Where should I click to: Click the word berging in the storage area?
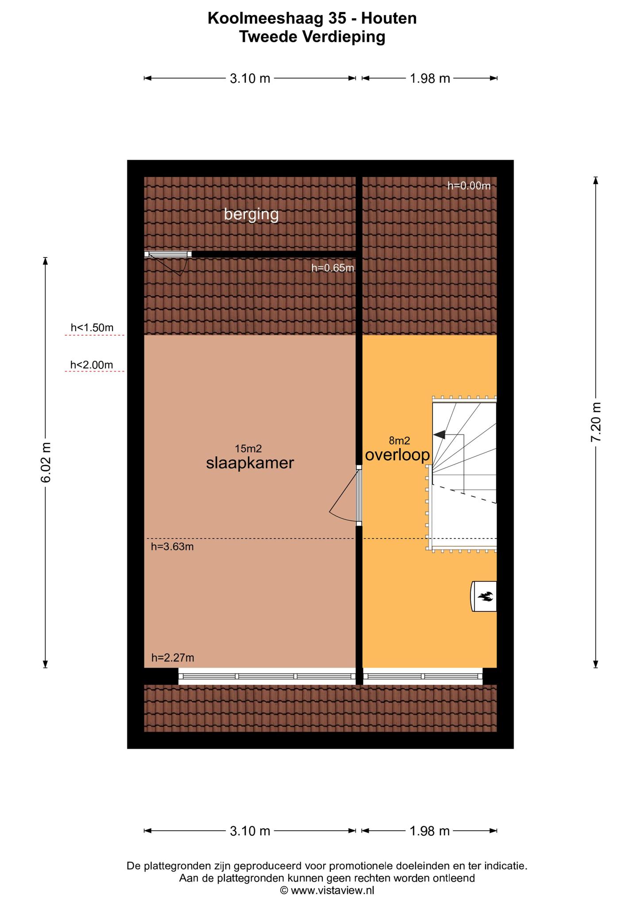click(x=251, y=215)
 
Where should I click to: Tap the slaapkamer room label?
click(x=250, y=464)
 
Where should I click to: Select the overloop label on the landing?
click(x=398, y=455)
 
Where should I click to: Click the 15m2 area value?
click(x=248, y=449)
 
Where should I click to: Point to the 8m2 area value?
click(x=399, y=441)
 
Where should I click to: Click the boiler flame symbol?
click(x=485, y=597)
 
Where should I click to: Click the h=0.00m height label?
click(x=469, y=186)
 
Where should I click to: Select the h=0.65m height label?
click(x=333, y=268)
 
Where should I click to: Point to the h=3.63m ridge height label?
click(x=173, y=547)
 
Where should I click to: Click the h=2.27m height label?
click(x=173, y=658)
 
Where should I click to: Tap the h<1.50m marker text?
click(x=92, y=328)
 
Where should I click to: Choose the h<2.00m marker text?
click(x=92, y=365)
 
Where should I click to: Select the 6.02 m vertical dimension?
click(x=45, y=463)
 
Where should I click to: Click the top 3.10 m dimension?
click(x=250, y=79)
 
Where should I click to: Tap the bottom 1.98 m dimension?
click(x=429, y=831)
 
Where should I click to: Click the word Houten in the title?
click(x=389, y=19)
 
